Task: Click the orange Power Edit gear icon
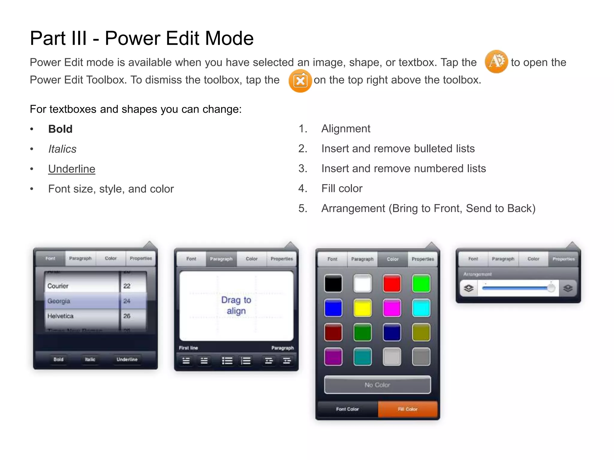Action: click(496, 62)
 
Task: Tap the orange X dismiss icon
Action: click(300, 81)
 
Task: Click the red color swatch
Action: click(392, 283)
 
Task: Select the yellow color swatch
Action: click(362, 308)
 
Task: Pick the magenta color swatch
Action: click(392, 308)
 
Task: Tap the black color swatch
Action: click(333, 283)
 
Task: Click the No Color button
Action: click(377, 385)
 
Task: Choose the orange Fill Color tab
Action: click(408, 409)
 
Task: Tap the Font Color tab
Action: click(347, 409)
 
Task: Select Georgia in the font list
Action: click(59, 301)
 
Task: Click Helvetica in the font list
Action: click(60, 316)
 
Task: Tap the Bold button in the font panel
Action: click(58, 359)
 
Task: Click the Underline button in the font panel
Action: click(127, 359)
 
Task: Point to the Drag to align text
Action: click(236, 305)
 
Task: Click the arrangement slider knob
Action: click(551, 288)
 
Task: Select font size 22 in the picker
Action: click(127, 286)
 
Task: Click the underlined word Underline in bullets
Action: click(72, 169)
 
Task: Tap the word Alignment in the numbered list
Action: click(346, 129)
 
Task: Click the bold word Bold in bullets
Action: click(60, 129)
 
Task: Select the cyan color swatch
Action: click(421, 308)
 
